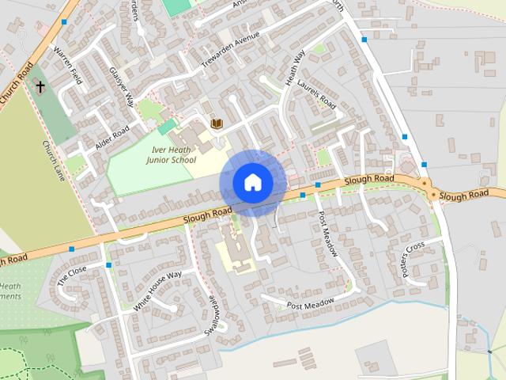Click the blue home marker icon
coord(252,182)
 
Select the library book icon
coord(216,123)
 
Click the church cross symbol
coord(40,87)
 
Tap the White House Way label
coord(157,290)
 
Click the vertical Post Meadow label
coord(328,234)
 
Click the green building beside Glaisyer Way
coord(167,127)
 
